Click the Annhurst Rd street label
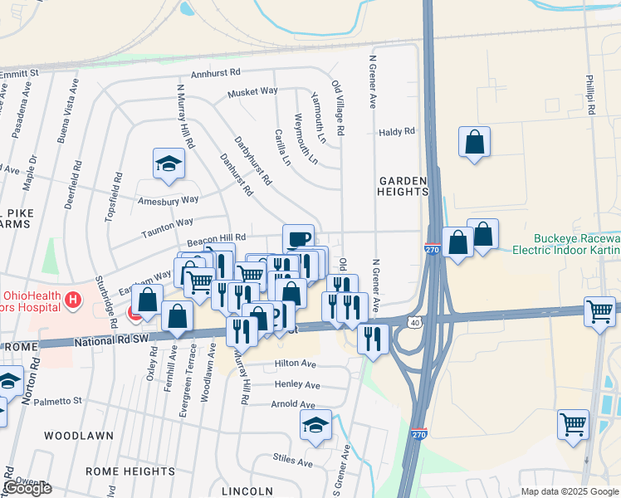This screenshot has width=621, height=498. [215, 73]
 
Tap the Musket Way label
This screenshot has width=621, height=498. [252, 92]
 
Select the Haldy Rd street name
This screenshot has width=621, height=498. [396, 132]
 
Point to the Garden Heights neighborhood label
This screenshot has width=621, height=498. [403, 186]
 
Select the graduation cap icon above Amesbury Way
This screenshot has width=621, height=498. [169, 163]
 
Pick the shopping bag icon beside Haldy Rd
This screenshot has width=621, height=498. [474, 141]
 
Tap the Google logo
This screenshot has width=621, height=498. [27, 488]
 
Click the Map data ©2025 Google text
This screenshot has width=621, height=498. [569, 491]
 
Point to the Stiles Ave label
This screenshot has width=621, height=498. [293, 459]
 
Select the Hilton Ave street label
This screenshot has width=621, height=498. [296, 364]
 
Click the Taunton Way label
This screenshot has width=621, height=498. [167, 224]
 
